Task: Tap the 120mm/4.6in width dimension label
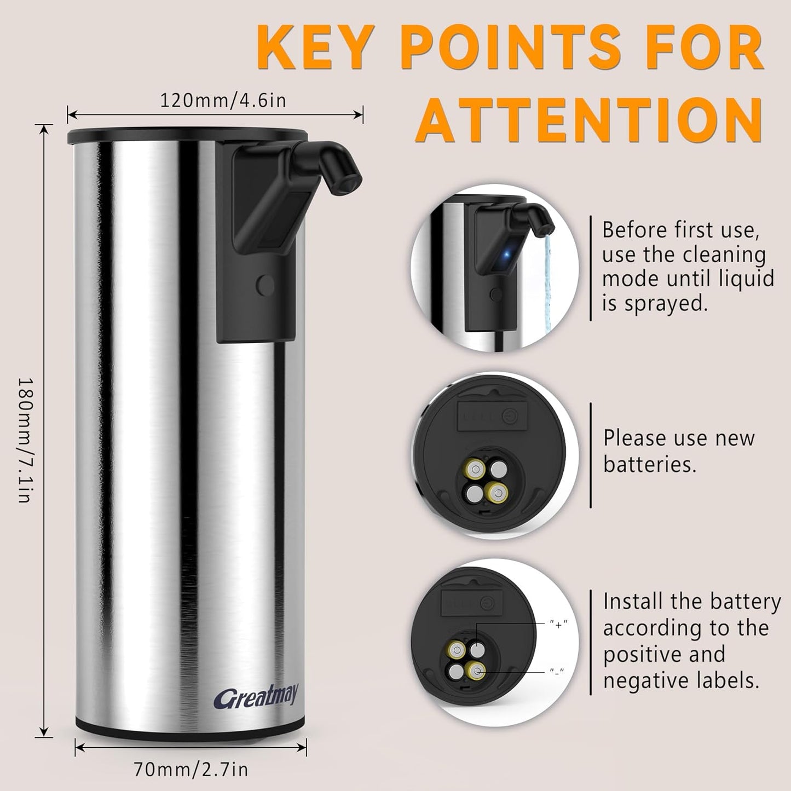[223, 101]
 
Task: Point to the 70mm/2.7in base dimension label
[191, 770]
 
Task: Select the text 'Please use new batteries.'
[679, 451]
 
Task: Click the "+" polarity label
[558, 623]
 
